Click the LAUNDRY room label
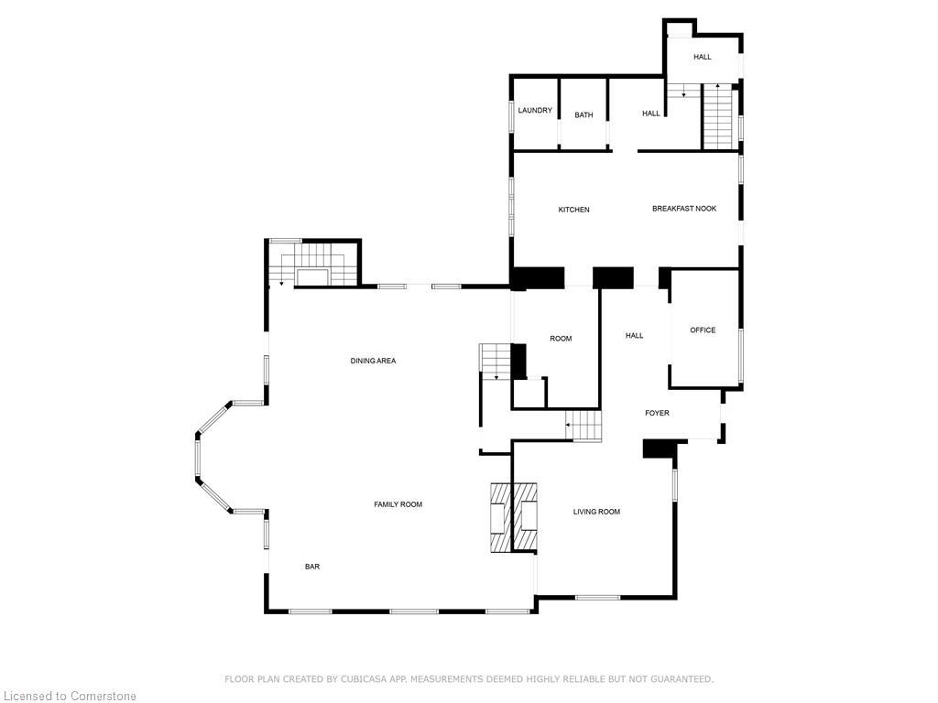tap(535, 111)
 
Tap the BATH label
tap(584, 115)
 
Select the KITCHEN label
tap(574, 211)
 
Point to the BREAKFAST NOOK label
tap(684, 209)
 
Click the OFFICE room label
tap(703, 330)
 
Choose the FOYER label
tap(657, 414)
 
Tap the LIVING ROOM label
tap(596, 512)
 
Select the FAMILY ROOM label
tap(398, 504)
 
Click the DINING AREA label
tap(373, 361)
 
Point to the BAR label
tap(312, 567)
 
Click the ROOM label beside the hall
tap(561, 339)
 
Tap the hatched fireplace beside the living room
tap(513, 517)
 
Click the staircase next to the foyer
tap(584, 427)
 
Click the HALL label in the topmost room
tap(703, 57)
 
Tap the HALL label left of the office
tap(634, 336)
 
